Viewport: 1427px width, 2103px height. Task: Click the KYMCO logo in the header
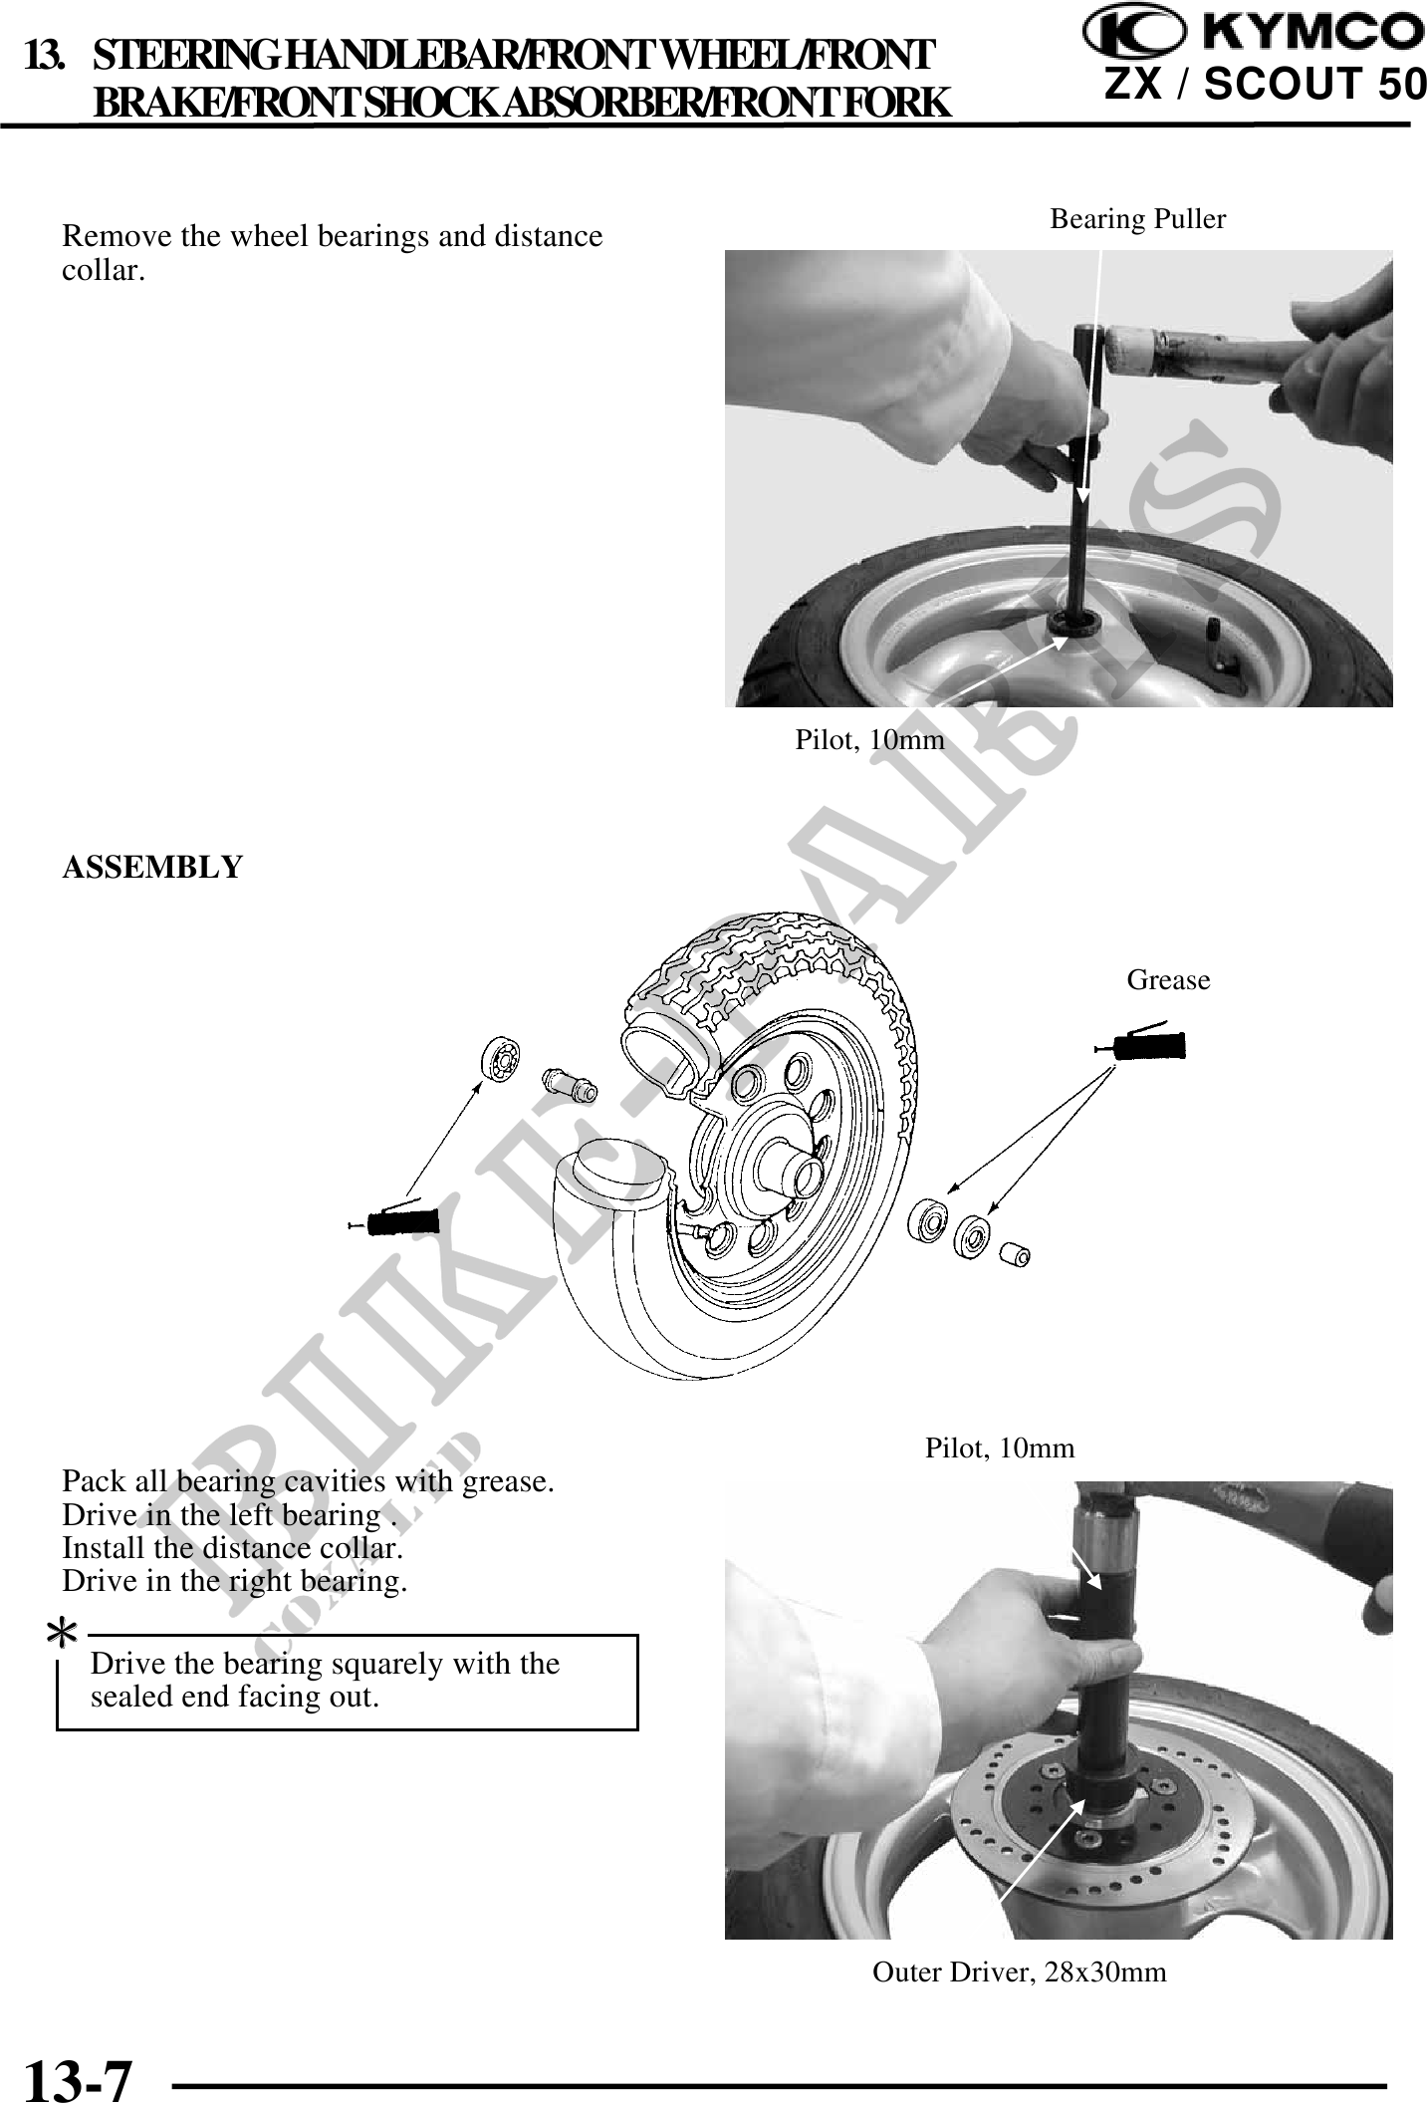[x=1254, y=31]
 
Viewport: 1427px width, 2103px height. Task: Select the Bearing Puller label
[x=1138, y=219]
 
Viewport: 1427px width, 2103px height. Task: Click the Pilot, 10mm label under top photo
[x=869, y=739]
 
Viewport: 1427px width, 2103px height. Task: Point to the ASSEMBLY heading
[x=152, y=868]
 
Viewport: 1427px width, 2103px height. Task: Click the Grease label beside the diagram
[x=1168, y=980]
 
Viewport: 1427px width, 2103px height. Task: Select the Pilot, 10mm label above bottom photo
[x=1000, y=1448]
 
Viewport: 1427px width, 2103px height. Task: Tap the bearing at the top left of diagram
[x=504, y=1058]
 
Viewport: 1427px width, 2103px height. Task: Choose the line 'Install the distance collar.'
[x=233, y=1548]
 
